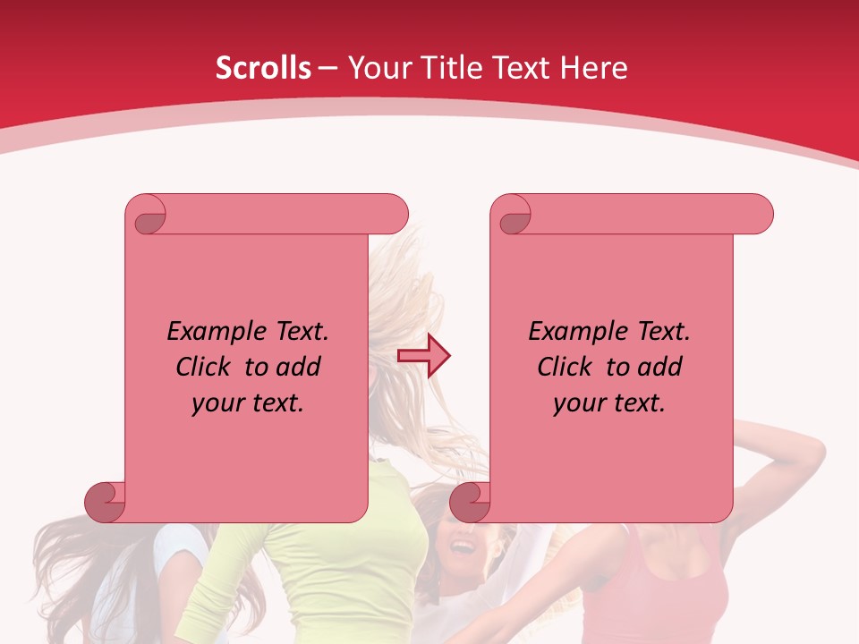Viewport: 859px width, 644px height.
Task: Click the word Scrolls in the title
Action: point(263,68)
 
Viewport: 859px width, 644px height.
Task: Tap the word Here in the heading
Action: point(593,68)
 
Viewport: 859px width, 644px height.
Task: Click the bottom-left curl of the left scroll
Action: point(106,502)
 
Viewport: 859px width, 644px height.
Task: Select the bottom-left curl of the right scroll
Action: point(471,502)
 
